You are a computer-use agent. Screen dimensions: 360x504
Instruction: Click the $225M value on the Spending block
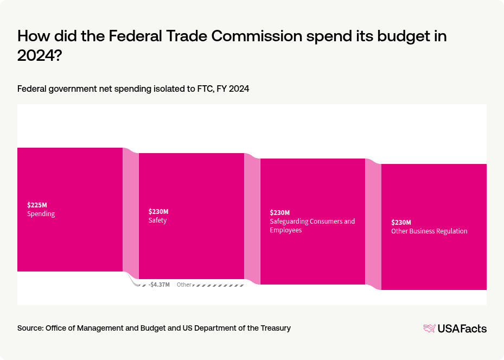(x=37, y=205)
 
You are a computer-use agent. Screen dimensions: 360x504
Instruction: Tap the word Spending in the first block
(x=41, y=214)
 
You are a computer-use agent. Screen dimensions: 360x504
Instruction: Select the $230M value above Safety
(x=158, y=212)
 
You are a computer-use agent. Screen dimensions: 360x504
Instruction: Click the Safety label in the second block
(x=157, y=220)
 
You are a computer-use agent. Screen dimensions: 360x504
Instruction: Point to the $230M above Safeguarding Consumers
(x=280, y=213)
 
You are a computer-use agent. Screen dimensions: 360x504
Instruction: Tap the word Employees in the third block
(x=286, y=230)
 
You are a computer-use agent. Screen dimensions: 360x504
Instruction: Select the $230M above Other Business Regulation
(x=401, y=223)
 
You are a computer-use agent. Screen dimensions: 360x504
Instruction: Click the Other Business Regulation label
(x=429, y=231)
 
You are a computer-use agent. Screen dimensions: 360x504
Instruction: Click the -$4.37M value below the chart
(x=159, y=285)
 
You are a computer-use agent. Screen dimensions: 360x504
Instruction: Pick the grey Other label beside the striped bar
(x=184, y=285)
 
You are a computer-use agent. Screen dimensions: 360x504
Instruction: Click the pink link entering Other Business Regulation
(x=373, y=223)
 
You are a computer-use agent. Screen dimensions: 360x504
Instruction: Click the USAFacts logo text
(x=462, y=329)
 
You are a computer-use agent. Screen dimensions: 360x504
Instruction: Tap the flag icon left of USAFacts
(x=429, y=329)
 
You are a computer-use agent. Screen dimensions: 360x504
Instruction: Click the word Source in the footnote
(x=30, y=328)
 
